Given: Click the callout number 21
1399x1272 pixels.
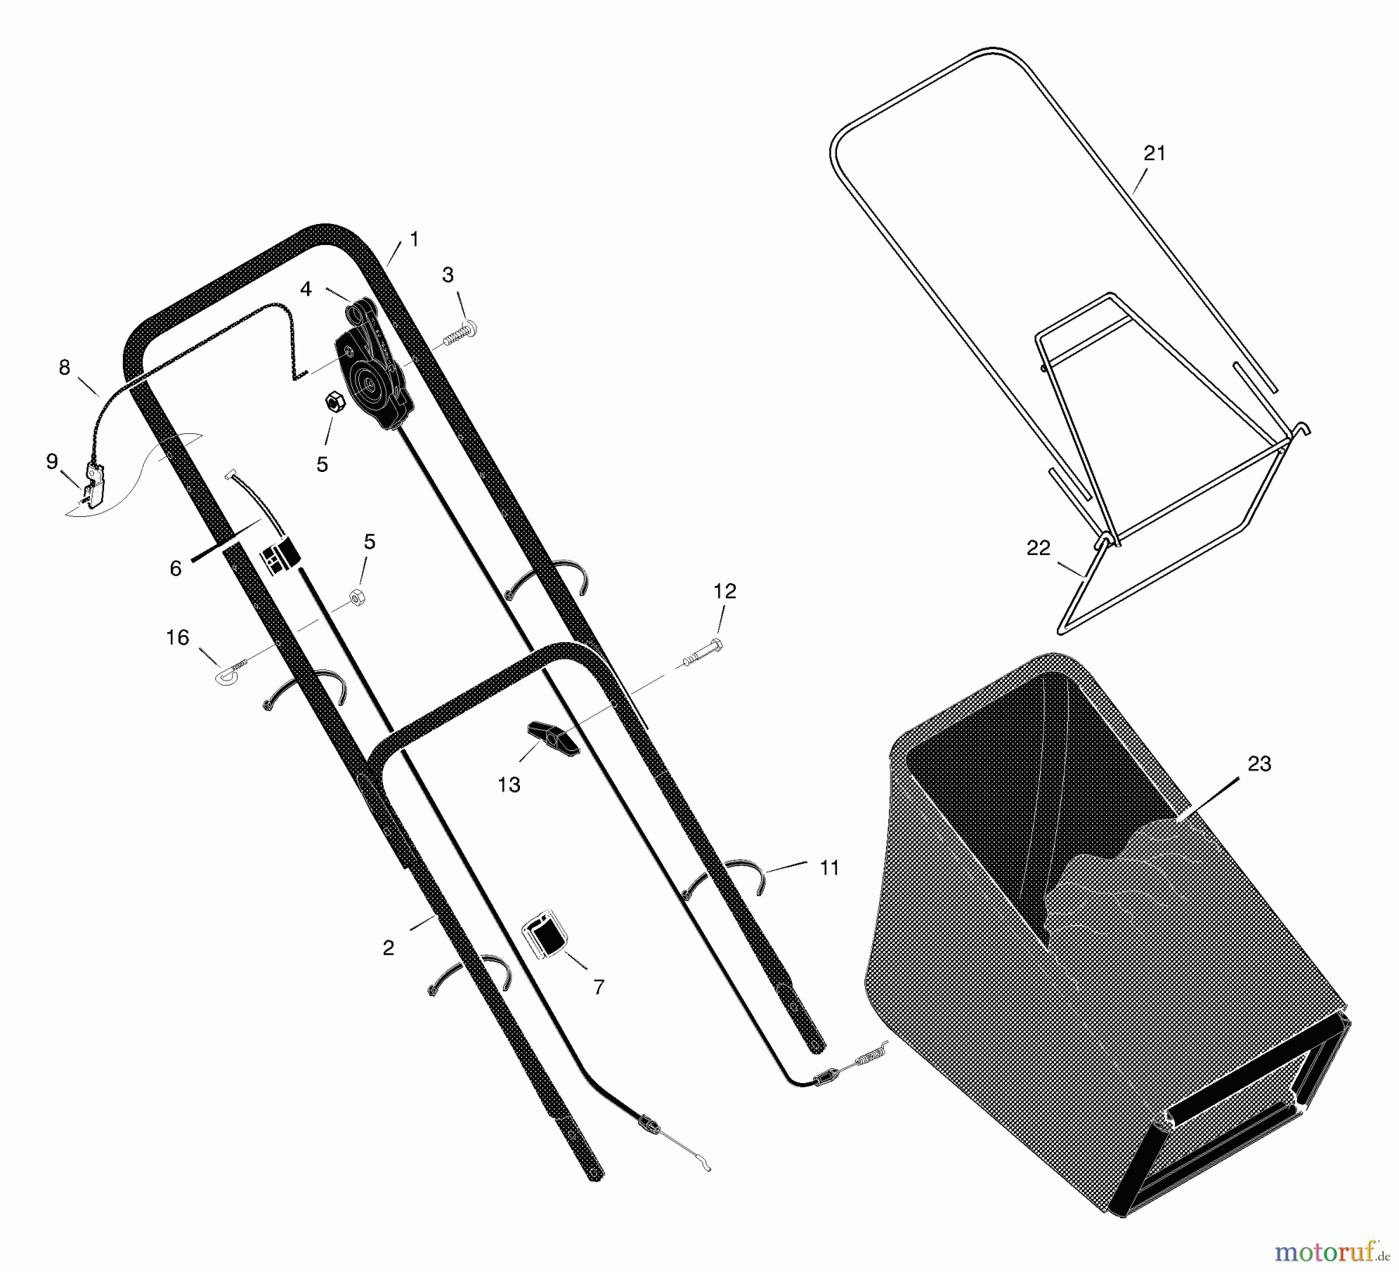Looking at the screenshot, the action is click(1155, 154).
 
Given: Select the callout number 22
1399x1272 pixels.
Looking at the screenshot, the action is click(1038, 548).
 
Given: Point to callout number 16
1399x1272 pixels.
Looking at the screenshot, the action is click(178, 638).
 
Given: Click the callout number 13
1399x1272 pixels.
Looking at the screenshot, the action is click(509, 785).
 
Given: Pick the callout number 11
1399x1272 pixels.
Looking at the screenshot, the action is click(829, 868).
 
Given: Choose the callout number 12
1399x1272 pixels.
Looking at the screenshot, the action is click(724, 591).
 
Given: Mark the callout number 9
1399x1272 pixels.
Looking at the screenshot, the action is click(52, 462).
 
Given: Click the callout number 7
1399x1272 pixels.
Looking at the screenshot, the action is click(598, 987).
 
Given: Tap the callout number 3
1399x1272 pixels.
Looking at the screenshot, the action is click(448, 274).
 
